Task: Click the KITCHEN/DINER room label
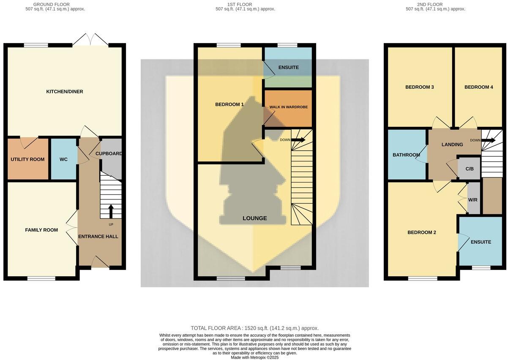point(64,91)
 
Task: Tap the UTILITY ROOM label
point(27,159)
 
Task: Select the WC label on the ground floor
point(63,159)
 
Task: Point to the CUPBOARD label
point(109,153)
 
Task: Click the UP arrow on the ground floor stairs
point(111,210)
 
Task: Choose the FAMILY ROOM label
point(41,230)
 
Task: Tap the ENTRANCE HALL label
point(98,236)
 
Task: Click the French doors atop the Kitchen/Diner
point(90,40)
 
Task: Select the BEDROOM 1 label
point(229,104)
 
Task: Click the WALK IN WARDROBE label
point(289,107)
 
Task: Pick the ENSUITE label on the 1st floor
point(288,67)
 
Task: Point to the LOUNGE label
point(254,218)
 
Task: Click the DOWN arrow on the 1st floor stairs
point(298,139)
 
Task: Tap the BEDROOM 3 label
point(420,87)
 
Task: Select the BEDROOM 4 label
point(478,87)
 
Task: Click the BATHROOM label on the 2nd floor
point(406,155)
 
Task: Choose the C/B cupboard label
point(470,169)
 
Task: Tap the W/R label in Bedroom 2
point(472,200)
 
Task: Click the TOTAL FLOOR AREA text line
point(254,328)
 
